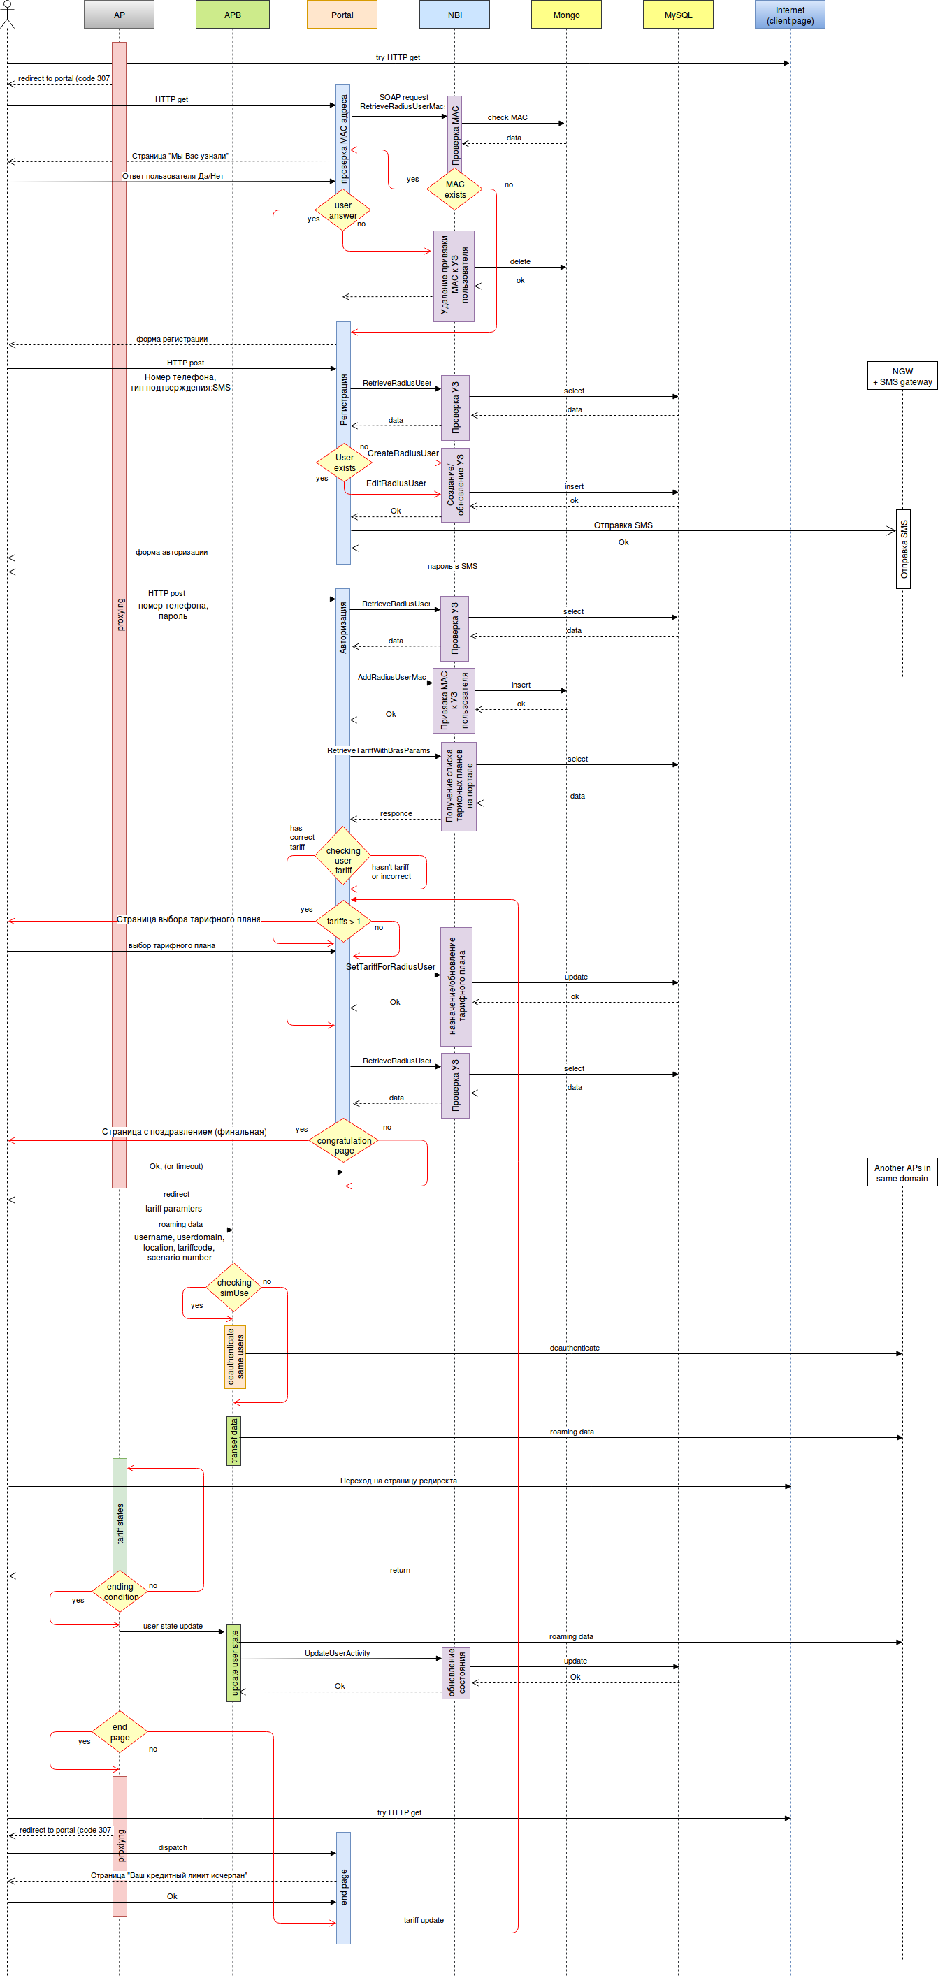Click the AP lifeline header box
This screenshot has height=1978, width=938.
(x=119, y=15)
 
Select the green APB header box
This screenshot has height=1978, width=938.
(x=232, y=15)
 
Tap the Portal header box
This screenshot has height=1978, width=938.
(x=342, y=15)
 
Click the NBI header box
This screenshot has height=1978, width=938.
(x=454, y=15)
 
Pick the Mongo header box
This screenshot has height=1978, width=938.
(x=566, y=15)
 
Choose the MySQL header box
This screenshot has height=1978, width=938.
(x=677, y=15)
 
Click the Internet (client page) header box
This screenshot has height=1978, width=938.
(x=790, y=15)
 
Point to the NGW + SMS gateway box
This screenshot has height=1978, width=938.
(x=902, y=377)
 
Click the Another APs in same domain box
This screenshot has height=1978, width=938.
(x=902, y=1172)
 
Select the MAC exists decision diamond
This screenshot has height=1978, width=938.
(x=455, y=189)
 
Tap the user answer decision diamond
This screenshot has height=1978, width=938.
(x=342, y=210)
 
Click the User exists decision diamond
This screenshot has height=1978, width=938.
(x=344, y=463)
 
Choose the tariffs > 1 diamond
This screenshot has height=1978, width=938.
(x=343, y=921)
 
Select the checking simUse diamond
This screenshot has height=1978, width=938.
(x=233, y=1288)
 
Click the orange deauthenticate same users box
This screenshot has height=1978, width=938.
(x=235, y=1357)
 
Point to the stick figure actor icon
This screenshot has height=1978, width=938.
(x=7, y=14)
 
